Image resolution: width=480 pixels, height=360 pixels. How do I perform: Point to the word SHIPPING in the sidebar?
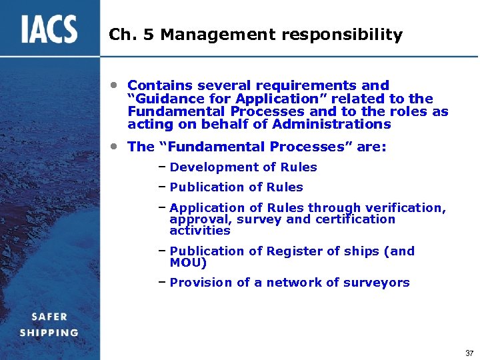[49, 333]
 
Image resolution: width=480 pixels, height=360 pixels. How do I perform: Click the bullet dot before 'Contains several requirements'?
[115, 85]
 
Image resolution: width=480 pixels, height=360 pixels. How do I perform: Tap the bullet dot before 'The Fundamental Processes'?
[115, 146]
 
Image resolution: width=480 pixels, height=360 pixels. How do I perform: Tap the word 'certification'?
[354, 219]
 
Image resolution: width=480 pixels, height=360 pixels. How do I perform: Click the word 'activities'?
[200, 231]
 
